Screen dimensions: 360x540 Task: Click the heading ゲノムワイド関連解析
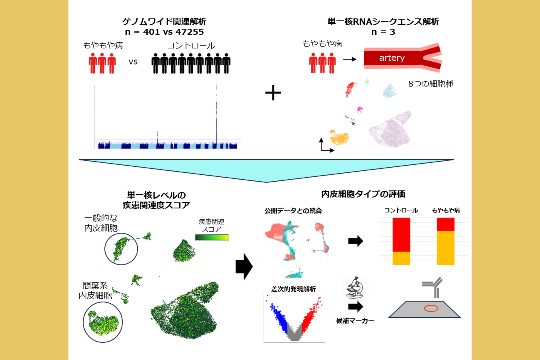pos(164,22)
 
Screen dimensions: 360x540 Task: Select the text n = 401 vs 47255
pos(164,32)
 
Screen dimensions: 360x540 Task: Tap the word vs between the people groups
pos(133,62)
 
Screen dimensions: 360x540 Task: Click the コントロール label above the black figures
pos(191,46)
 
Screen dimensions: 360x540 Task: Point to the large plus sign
pos(273,93)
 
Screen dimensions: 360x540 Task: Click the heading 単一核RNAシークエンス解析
pos(383,22)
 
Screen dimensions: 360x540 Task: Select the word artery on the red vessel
pos(392,58)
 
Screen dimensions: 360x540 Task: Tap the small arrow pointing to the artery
pos(350,59)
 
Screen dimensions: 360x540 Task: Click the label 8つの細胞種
pos(430,84)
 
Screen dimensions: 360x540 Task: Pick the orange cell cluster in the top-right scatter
pos(339,138)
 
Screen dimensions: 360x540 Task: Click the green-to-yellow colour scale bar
pos(212,237)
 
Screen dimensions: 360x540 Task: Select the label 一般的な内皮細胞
pos(101,223)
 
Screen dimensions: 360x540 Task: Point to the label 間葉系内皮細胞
pos(95,290)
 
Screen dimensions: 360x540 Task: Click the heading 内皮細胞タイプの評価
pos(363,194)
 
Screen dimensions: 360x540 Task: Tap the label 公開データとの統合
pos(293,211)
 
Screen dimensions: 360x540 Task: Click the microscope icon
pos(355,287)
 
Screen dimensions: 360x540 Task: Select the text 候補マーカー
pos(355,321)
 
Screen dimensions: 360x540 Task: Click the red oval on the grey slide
pos(431,308)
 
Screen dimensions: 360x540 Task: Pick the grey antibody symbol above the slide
pos(434,286)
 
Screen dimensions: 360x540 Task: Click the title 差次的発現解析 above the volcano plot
pos(293,289)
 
